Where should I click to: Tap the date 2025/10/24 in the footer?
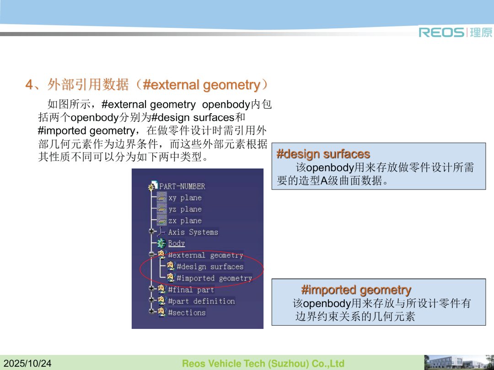tap(27, 364)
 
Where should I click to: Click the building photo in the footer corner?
tap(459, 362)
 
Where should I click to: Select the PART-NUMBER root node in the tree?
tap(182, 186)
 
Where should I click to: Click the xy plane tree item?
tap(185, 198)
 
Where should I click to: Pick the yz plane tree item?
tap(185, 209)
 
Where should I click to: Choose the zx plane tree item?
tap(185, 221)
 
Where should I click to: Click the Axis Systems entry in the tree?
tap(193, 232)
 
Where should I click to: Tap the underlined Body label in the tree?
tap(177, 243)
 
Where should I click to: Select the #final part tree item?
tap(191, 290)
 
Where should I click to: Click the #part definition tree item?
tap(201, 301)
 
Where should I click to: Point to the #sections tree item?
tap(187, 312)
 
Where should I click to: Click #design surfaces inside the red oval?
tap(210, 266)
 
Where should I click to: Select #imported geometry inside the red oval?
tap(214, 278)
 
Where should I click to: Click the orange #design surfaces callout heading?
tap(323, 154)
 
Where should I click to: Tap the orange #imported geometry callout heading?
tap(356, 290)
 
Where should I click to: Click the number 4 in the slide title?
tap(29, 85)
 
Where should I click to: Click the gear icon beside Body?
tap(161, 243)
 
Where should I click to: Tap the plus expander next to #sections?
tap(152, 312)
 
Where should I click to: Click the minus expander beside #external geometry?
tap(152, 254)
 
